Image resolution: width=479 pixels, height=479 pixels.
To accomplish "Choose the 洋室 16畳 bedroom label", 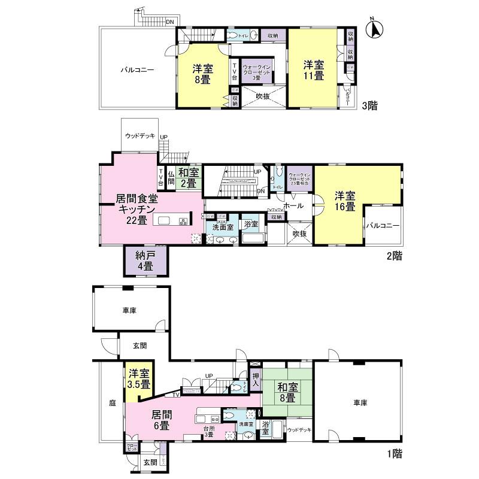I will pos(345,201).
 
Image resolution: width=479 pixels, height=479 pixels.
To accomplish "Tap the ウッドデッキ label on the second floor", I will pos(140,136).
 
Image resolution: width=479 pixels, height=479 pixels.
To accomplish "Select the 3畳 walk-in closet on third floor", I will pos(257,71).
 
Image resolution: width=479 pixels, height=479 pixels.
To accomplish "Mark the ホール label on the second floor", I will pos(292,205).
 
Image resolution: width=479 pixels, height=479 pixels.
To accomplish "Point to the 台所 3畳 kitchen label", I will pos(208,431).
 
